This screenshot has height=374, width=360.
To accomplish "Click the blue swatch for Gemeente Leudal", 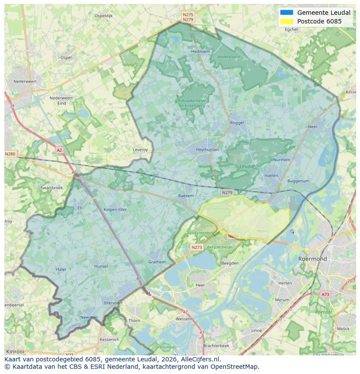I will coord(287,13).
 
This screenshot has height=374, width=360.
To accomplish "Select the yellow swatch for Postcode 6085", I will coord(287,21).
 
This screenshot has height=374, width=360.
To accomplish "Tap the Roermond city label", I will coord(312,259).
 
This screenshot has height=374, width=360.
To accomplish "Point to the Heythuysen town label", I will coord(207,149).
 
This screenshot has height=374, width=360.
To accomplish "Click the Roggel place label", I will coord(237,123).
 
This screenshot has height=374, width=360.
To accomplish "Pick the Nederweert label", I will coord(25,81).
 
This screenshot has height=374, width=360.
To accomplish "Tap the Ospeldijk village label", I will coord(103,16).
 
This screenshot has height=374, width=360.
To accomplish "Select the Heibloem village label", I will coord(200,51).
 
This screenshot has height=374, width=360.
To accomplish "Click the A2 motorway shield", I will coord(60,150).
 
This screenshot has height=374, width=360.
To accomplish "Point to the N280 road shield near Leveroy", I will coord(10,154).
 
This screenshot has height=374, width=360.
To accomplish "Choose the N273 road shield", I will coord(197,247).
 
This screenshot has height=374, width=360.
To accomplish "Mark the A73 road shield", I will coord(325,295).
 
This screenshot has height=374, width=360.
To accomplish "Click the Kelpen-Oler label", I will coord(115,209).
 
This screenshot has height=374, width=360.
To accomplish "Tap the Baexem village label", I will coord(186,196).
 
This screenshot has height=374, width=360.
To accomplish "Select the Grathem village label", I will coord(157,262).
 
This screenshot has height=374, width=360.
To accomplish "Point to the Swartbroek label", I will coord(51,188).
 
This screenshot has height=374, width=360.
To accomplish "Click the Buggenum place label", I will coord(298,181).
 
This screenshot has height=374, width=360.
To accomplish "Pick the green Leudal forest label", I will coord(247,166).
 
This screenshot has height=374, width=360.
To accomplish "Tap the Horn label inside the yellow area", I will coord(262,231).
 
